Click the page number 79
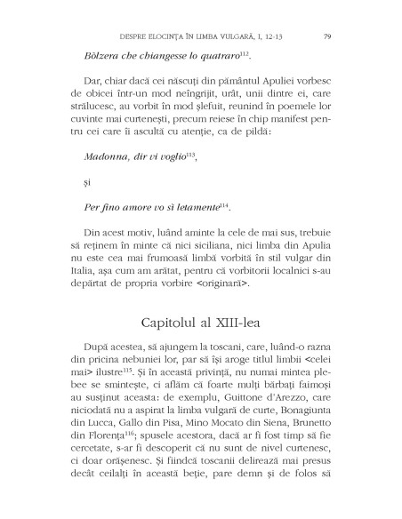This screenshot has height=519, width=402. [x=328, y=36]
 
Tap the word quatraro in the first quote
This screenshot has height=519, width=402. [x=214, y=58]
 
